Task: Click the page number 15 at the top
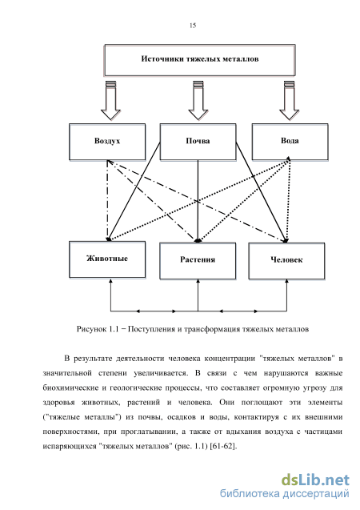click(x=193, y=26)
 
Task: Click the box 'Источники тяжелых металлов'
click(x=199, y=60)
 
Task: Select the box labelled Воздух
click(x=107, y=142)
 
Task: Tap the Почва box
click(x=198, y=142)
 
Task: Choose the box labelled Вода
click(x=290, y=142)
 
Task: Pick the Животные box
click(x=107, y=259)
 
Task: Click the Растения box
click(x=198, y=261)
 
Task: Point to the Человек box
click(x=286, y=261)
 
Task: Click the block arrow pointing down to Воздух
click(x=110, y=100)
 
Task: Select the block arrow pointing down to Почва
click(x=198, y=100)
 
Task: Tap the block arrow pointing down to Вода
click(x=289, y=100)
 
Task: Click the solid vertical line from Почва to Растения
click(x=198, y=201)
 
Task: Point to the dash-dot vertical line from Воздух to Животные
click(x=107, y=201)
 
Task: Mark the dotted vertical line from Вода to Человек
click(x=289, y=200)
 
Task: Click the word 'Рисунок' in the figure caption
click(x=91, y=329)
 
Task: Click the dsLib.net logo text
click(x=315, y=480)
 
